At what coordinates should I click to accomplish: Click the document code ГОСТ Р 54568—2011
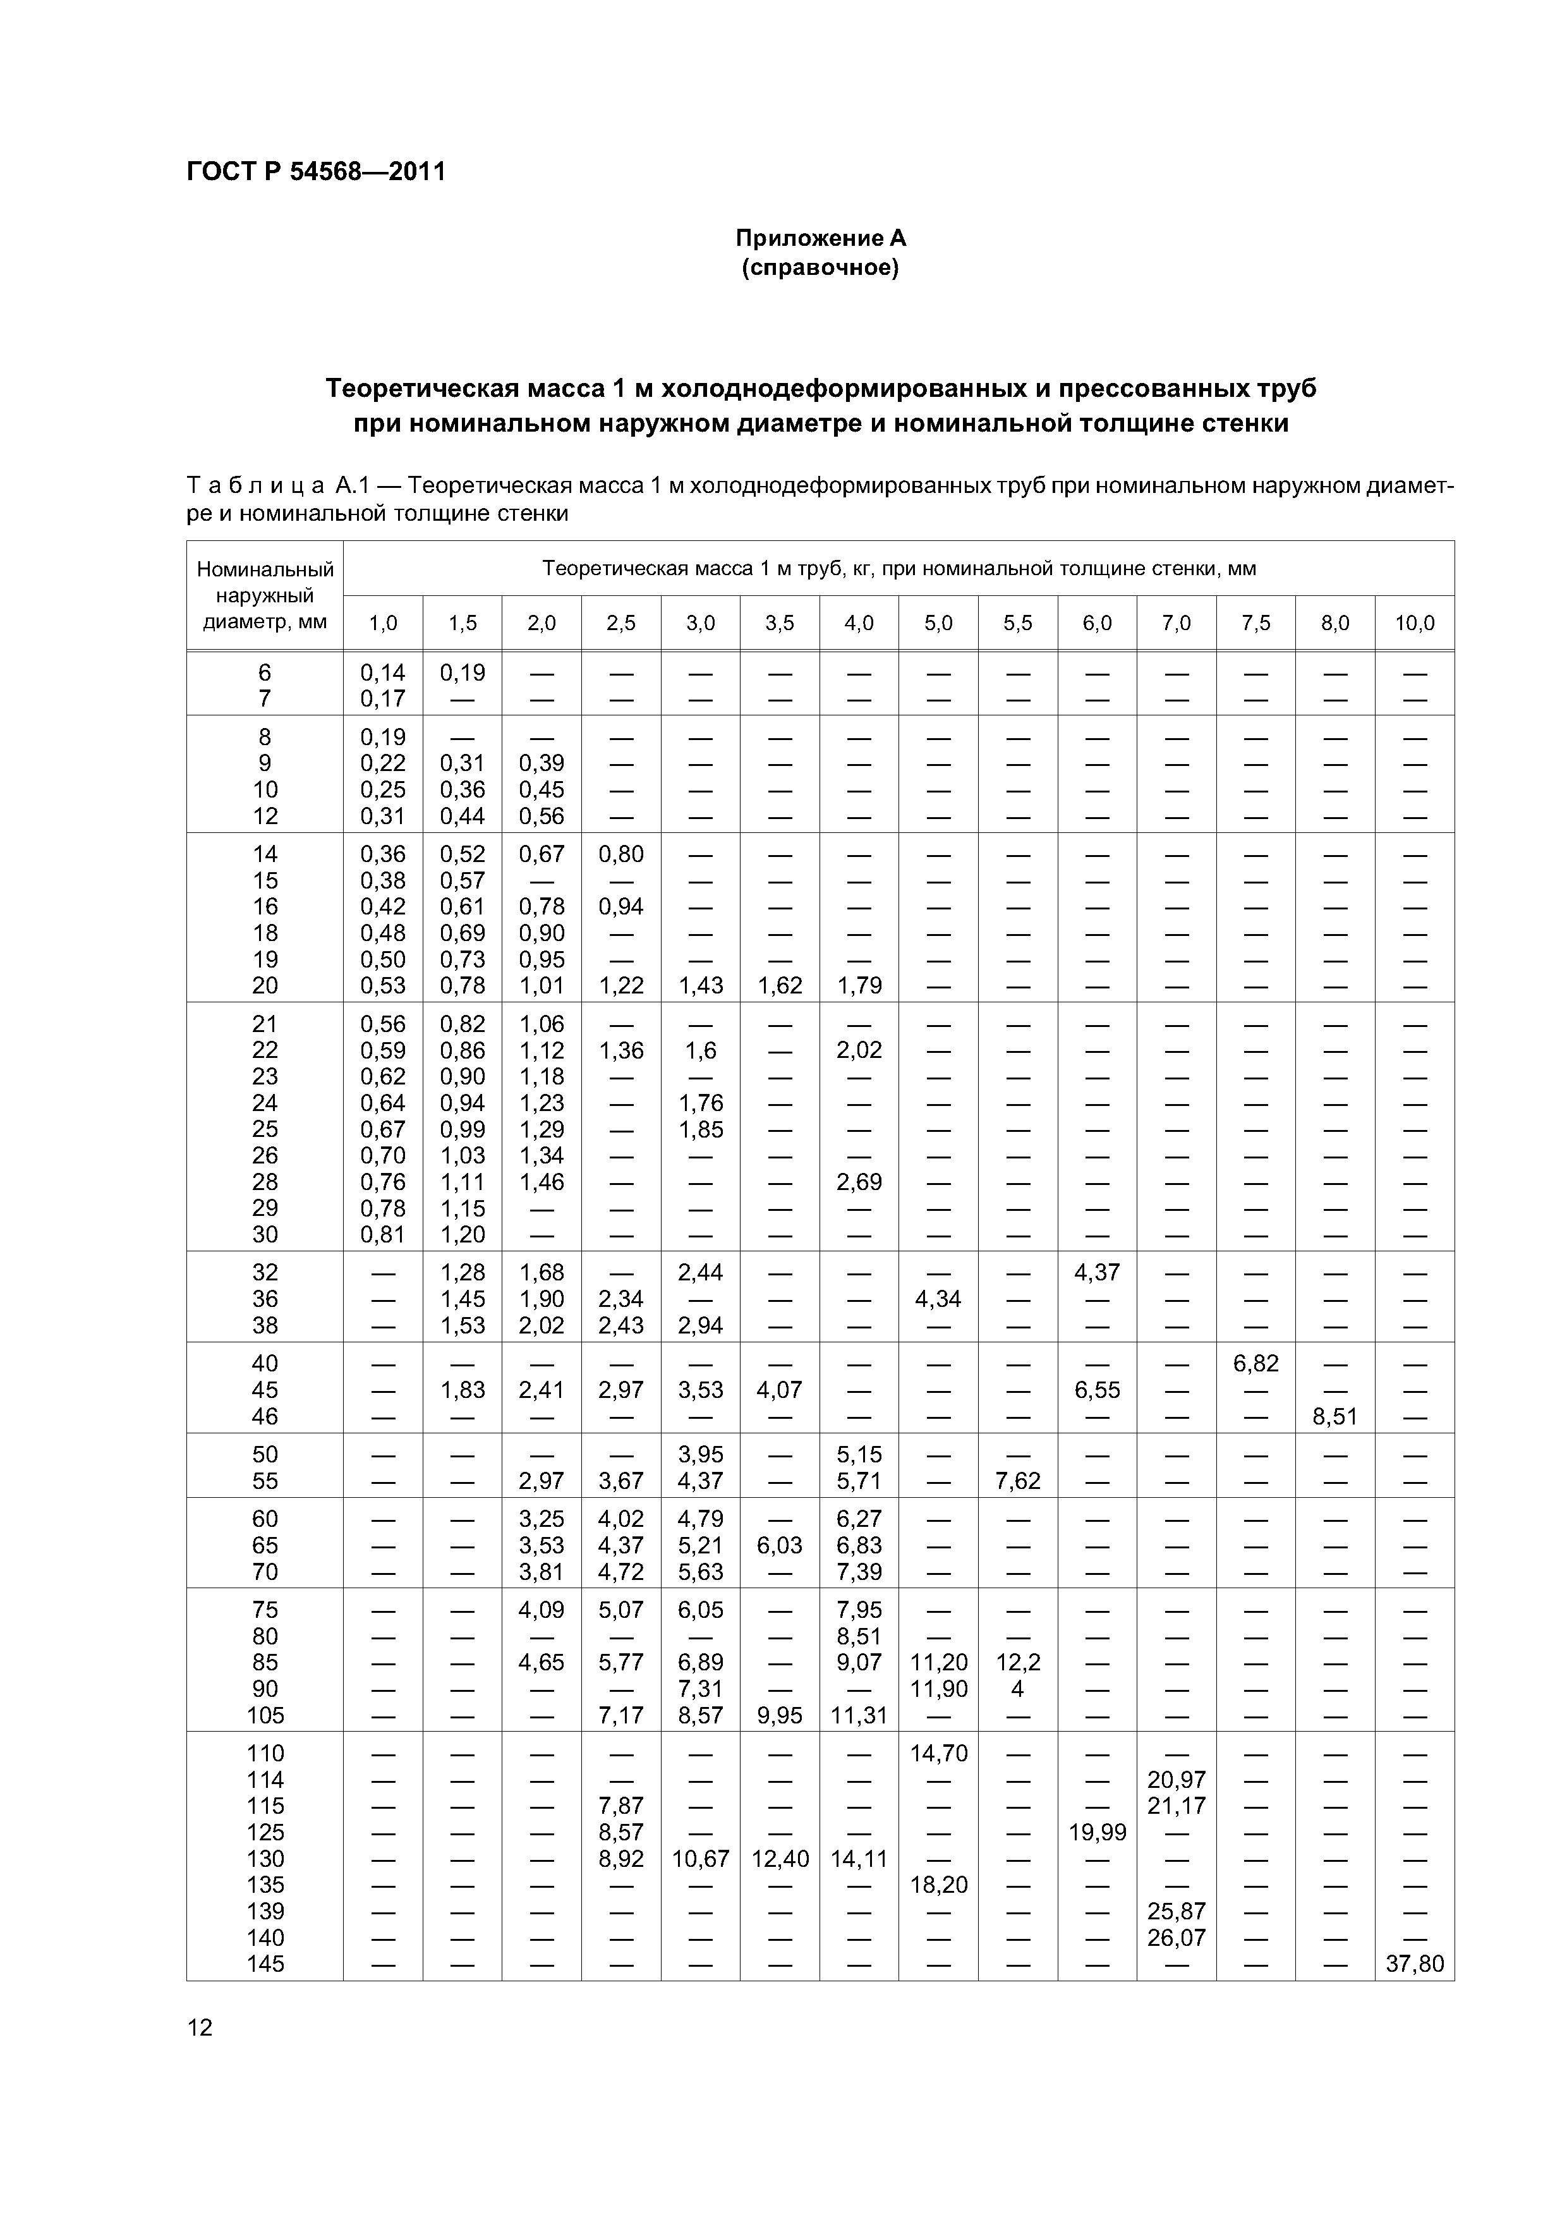click(x=316, y=172)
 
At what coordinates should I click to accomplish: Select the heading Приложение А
click(x=821, y=238)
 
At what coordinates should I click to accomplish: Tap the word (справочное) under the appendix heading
click(x=821, y=267)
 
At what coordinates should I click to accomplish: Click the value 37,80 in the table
click(x=1415, y=1963)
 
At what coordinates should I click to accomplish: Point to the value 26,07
click(x=1176, y=1937)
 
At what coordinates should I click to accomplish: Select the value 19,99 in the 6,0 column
click(x=1097, y=1831)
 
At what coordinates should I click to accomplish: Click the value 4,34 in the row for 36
click(x=938, y=1299)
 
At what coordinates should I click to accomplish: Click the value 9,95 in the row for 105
click(x=780, y=1715)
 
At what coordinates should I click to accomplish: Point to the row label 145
click(x=265, y=1963)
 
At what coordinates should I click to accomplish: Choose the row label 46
click(x=265, y=1416)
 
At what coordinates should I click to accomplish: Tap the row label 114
click(x=265, y=1780)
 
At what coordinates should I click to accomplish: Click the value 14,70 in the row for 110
click(x=938, y=1752)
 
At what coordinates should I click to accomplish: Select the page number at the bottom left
click(x=200, y=2027)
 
